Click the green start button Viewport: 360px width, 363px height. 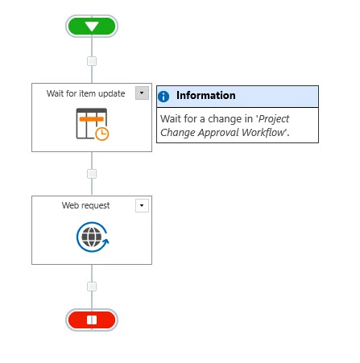(x=92, y=26)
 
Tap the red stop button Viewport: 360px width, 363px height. (x=92, y=320)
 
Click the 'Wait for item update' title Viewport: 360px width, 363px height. (x=85, y=93)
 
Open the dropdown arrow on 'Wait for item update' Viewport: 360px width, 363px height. (x=142, y=93)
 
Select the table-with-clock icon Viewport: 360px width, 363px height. (x=93, y=124)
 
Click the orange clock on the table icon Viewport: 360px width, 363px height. (x=102, y=134)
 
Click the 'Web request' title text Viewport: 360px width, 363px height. (x=85, y=205)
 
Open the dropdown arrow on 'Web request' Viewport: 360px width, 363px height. (x=142, y=206)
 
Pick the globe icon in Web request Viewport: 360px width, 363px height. (x=92, y=237)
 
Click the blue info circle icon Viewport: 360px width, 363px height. (x=163, y=97)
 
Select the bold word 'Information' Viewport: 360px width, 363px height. (x=206, y=95)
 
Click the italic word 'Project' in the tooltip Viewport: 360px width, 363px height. (x=274, y=119)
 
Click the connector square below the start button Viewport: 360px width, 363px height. (x=92, y=61)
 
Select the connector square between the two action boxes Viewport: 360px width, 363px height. (x=92, y=174)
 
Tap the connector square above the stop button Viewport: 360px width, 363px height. (x=92, y=287)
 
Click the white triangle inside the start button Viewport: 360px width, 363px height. (x=92, y=27)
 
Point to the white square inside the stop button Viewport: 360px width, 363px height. (x=92, y=320)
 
